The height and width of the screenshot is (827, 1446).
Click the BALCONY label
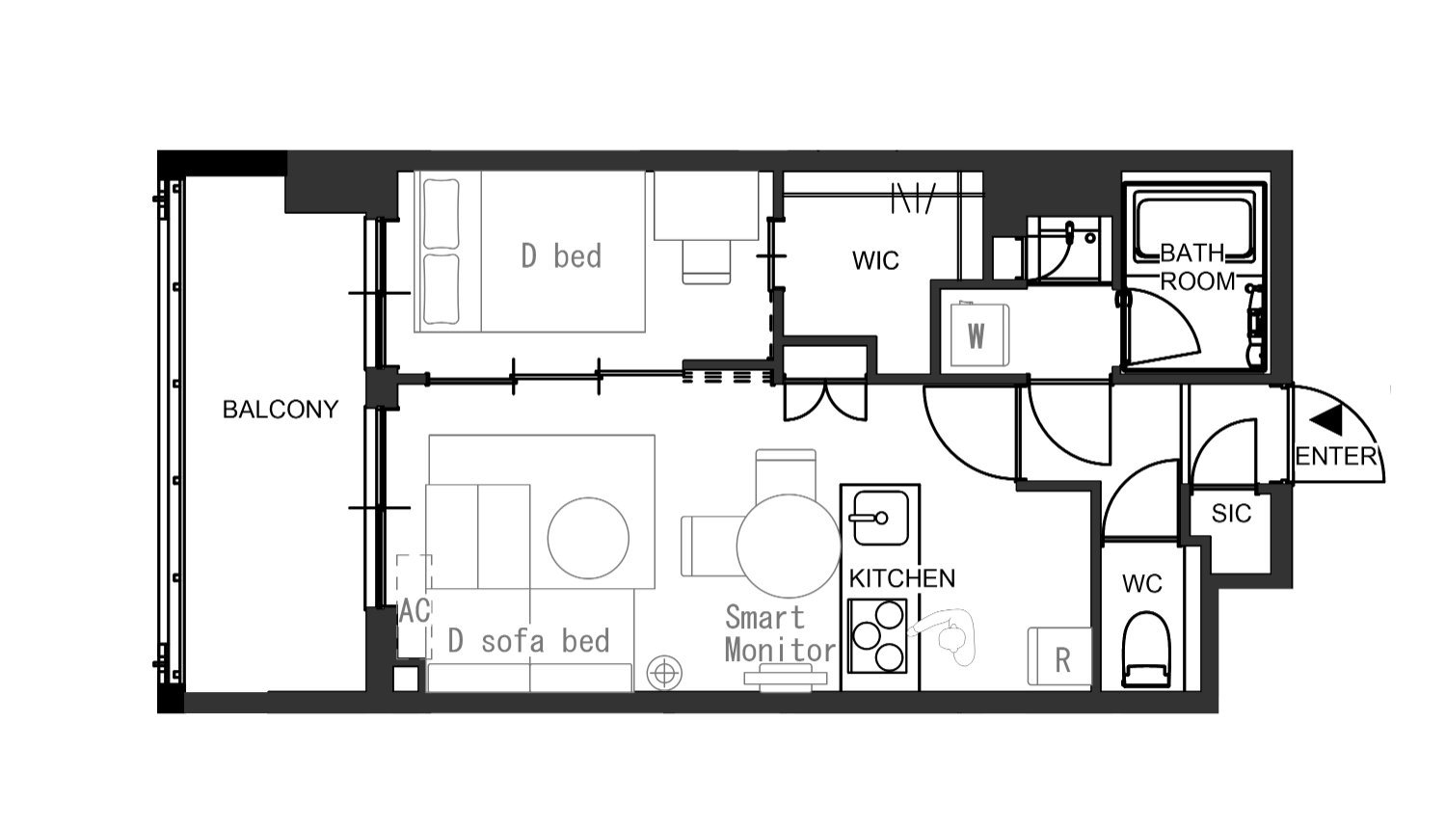[x=281, y=410]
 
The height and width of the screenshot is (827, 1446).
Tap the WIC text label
[x=875, y=260]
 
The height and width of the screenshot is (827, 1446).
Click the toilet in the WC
[x=1146, y=649]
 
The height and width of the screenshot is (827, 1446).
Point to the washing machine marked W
[x=979, y=335]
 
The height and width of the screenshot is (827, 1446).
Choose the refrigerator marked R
[x=1059, y=656]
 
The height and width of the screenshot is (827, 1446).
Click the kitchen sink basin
[x=881, y=518]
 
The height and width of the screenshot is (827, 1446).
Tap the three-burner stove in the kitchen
[x=877, y=636]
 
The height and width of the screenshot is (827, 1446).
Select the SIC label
[x=1231, y=514]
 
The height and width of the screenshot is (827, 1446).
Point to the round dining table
[x=789, y=546]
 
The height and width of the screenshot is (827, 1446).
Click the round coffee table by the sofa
[x=588, y=538]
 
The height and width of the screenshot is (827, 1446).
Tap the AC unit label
[x=415, y=611]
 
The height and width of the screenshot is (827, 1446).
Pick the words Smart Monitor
[x=780, y=633]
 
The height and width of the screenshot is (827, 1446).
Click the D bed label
[x=561, y=256]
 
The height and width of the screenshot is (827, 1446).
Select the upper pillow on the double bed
[x=441, y=214]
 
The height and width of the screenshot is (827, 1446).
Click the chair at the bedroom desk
[x=707, y=262]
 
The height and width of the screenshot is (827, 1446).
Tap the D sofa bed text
[x=528, y=641]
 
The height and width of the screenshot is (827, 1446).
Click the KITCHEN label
[x=901, y=578]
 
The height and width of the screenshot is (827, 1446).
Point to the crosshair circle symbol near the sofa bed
[x=664, y=673]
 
